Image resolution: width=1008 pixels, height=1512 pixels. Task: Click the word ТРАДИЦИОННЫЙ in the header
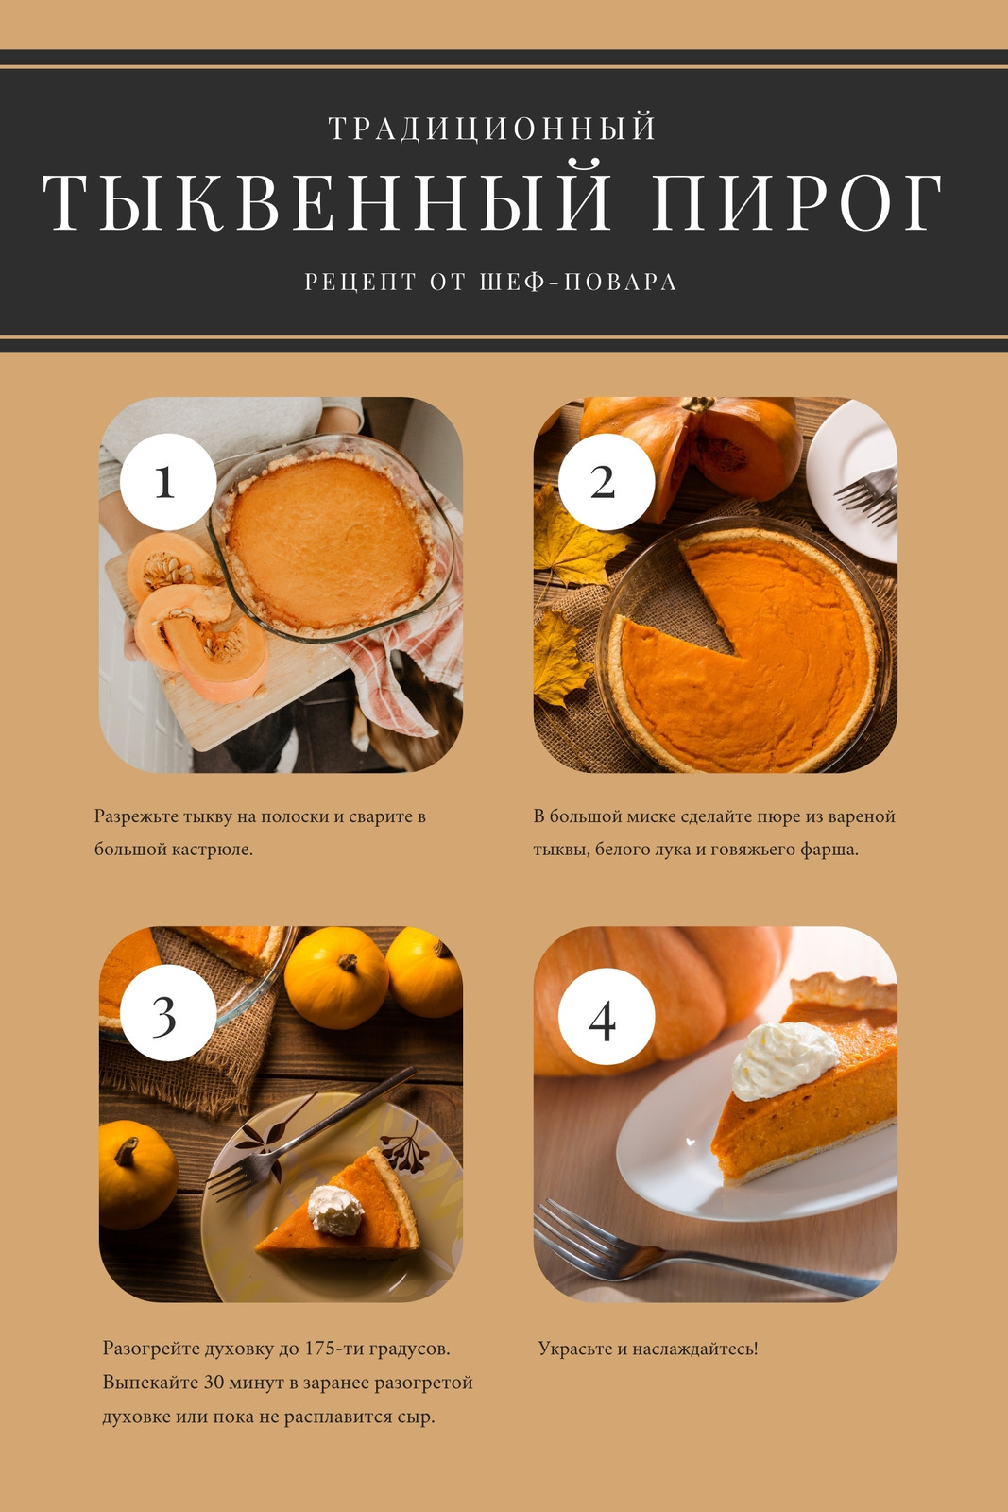tap(492, 129)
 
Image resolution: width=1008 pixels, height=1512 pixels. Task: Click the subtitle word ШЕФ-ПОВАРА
tap(578, 282)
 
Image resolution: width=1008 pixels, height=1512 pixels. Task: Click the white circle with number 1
tap(168, 481)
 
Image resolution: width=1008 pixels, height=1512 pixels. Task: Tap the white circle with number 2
tap(606, 481)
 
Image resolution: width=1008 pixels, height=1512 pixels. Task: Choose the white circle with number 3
tap(168, 1012)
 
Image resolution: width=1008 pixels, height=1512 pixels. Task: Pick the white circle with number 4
tap(606, 1016)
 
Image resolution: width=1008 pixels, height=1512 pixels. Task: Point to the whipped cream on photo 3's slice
tap(335, 1211)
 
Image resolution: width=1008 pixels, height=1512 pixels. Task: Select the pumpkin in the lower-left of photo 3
tap(137, 1176)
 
